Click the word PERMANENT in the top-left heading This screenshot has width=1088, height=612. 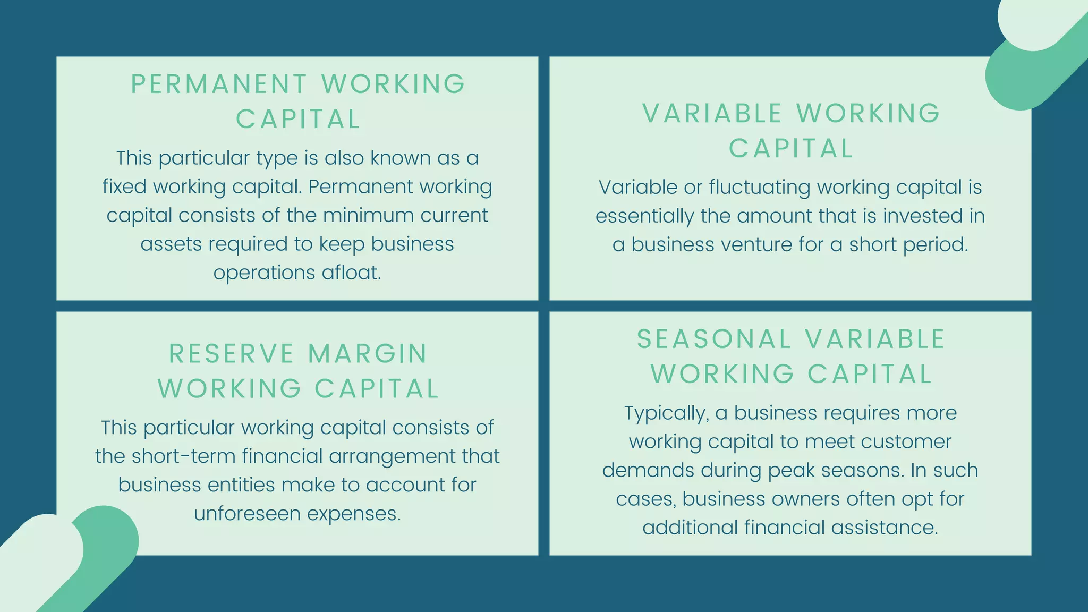pyautogui.click(x=219, y=84)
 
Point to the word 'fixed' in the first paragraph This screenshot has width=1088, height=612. pyautogui.click(x=124, y=186)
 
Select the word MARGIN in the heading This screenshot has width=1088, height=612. pyautogui.click(x=368, y=354)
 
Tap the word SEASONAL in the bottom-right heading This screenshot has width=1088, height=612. pyautogui.click(x=714, y=339)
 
